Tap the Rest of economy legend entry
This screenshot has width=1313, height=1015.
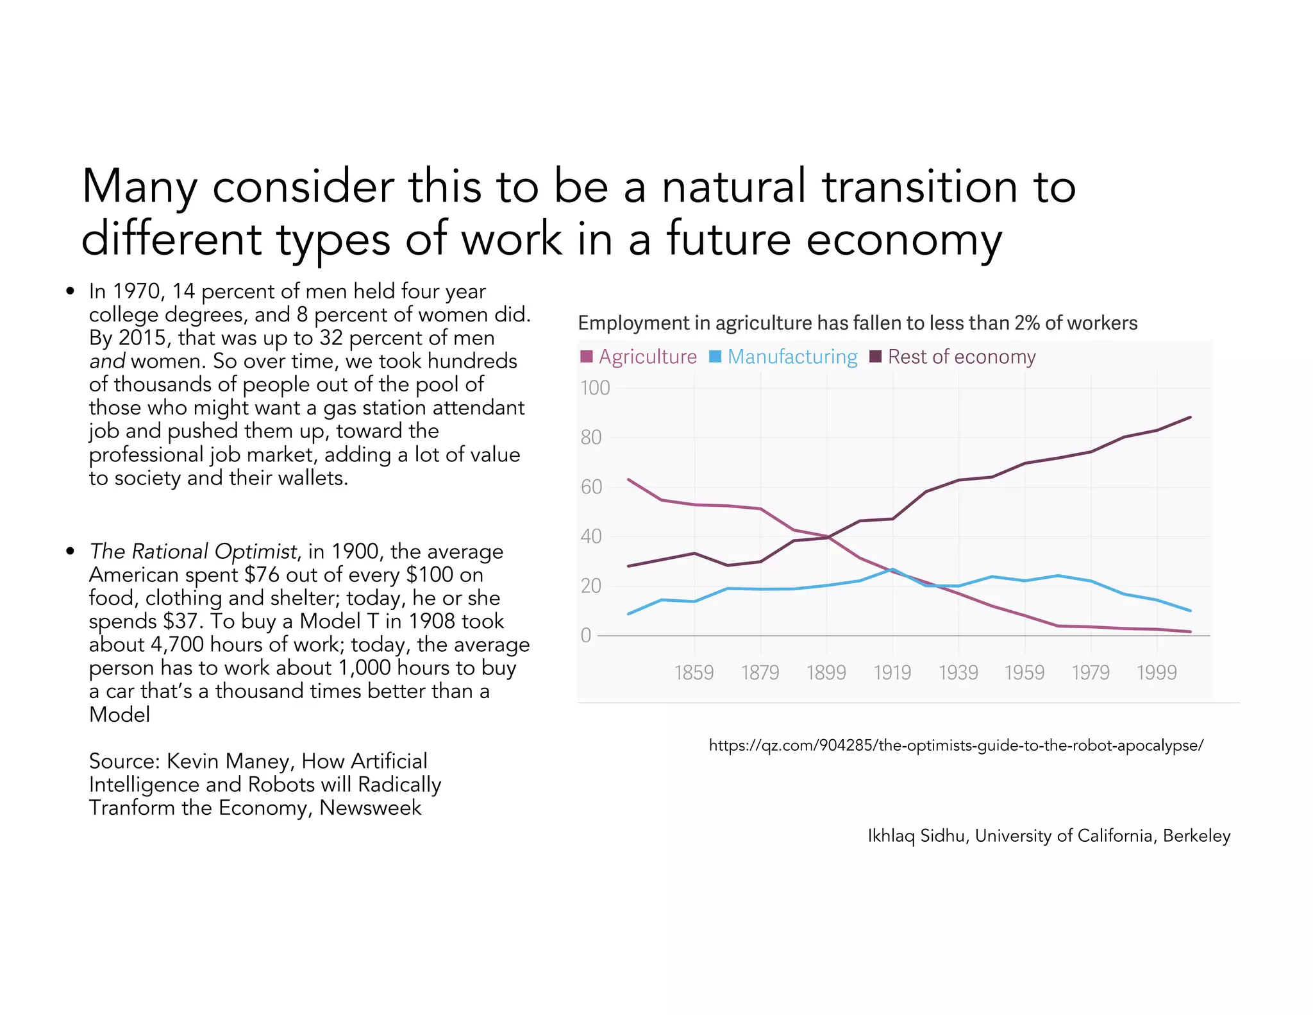point(953,357)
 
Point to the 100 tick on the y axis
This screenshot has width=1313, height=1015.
point(594,388)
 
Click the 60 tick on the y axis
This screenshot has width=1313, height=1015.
point(591,487)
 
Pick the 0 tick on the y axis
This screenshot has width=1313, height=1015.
point(585,635)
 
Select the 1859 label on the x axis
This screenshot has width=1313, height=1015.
point(694,672)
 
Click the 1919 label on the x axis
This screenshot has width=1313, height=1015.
point(892,672)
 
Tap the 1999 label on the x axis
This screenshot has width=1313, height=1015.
point(1157,672)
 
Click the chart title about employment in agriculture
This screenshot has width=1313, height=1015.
point(857,323)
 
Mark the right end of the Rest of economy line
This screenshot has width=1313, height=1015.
point(1191,418)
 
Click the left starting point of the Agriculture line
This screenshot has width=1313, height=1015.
point(628,479)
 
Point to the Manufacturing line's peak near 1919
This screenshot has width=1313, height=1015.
point(892,569)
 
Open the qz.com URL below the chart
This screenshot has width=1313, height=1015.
point(956,746)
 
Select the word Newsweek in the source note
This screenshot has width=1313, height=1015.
point(370,808)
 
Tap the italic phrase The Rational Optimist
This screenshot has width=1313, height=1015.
point(193,551)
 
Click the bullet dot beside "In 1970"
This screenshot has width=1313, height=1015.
point(71,292)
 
